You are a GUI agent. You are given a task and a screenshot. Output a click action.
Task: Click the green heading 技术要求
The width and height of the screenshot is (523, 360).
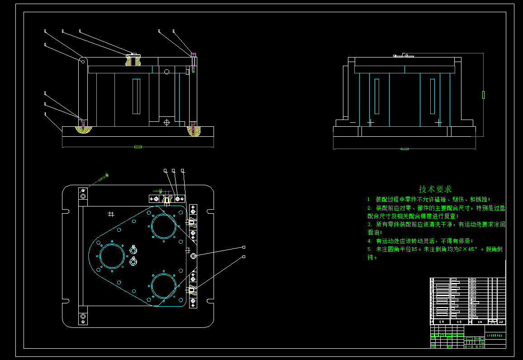435,189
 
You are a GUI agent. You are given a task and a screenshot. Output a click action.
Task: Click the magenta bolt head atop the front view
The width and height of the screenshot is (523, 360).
193,54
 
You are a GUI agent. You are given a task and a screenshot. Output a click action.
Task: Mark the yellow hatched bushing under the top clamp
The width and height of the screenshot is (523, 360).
133,61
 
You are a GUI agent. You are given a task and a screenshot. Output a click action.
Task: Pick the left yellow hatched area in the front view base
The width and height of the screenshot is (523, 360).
83,130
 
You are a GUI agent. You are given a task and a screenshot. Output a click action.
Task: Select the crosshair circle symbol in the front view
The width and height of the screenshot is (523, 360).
166,122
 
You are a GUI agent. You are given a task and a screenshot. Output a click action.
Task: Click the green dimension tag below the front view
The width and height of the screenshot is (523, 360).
138,147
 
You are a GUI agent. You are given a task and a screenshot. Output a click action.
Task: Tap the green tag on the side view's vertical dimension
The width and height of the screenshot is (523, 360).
483,95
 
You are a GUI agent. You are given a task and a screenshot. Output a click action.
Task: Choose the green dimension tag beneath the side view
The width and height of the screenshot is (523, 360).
404,149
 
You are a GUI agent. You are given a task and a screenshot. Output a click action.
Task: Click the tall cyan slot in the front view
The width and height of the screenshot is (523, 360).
136,96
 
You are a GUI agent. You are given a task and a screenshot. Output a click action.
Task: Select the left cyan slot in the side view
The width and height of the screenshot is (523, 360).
377,96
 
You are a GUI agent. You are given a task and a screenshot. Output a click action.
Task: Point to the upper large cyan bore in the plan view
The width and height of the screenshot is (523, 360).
163,226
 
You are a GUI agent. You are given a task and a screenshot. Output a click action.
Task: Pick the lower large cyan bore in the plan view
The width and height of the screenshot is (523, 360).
163,286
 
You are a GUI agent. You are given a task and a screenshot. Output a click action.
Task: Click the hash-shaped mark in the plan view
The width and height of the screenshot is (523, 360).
111,214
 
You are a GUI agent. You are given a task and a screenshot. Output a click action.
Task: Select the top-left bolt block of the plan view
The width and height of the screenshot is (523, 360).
83,197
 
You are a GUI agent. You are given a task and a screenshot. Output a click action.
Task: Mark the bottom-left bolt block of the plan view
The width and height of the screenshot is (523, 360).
83,316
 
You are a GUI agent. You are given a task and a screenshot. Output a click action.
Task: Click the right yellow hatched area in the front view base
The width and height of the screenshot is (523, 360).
195,131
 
